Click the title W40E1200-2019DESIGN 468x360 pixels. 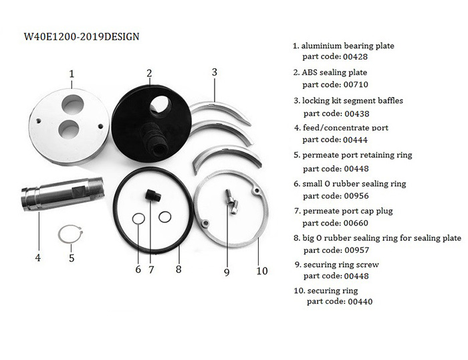[82, 36]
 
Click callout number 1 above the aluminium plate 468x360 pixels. [72, 74]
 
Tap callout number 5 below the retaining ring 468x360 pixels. [72, 258]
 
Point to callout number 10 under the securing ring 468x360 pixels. [262, 271]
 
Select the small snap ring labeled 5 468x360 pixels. [70, 234]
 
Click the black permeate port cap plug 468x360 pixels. [153, 195]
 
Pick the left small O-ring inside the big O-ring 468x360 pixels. [138, 219]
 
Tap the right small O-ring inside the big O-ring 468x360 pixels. [165, 217]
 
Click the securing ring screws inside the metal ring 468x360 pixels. [231, 201]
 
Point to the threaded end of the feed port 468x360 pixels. [96, 187]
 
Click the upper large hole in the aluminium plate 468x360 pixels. [72, 105]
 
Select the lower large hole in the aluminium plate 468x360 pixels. [69, 130]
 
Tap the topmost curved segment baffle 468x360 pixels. [221, 111]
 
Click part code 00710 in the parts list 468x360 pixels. [356, 84]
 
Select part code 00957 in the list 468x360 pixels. [356, 250]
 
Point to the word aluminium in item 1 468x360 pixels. [321, 46]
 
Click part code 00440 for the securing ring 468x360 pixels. [360, 301]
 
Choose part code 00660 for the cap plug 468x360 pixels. [356, 223]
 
